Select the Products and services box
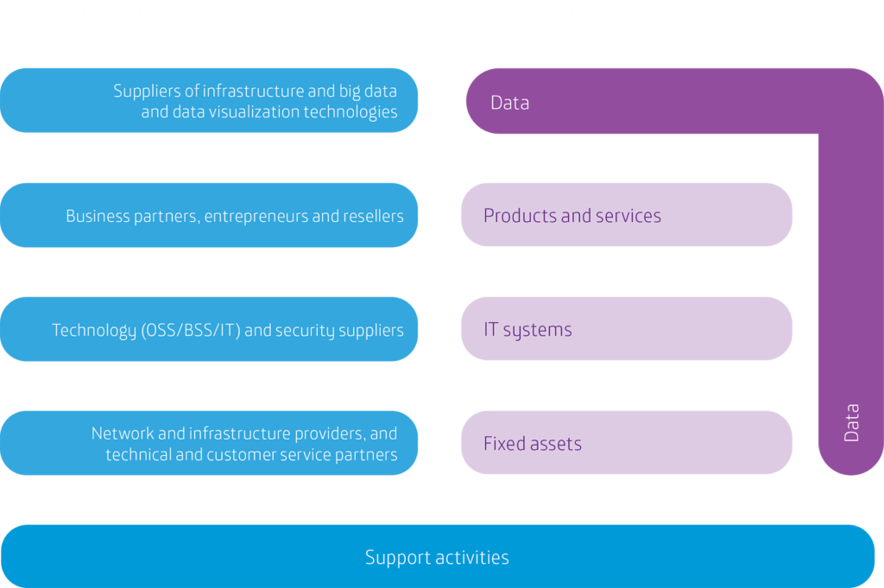tap(626, 215)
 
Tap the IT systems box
tap(626, 329)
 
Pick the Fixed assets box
tap(626, 443)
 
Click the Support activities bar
tap(437, 557)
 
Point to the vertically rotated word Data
tap(851, 423)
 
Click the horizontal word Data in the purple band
tap(509, 103)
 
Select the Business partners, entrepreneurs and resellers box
tap(209, 215)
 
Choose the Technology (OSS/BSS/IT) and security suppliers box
tap(209, 329)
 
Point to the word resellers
tap(373, 216)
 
